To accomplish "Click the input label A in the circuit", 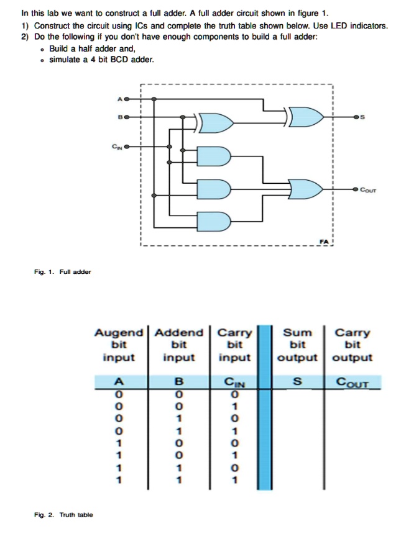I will pyautogui.click(x=119, y=99).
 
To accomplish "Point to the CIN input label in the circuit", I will pyautogui.click(x=116, y=147).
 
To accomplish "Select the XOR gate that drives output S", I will pyautogui.click(x=307, y=116).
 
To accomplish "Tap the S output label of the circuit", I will pyautogui.click(x=364, y=116).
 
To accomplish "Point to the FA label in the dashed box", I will pyautogui.click(x=324, y=240).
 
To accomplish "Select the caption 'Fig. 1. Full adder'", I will pyautogui.click(x=62, y=271).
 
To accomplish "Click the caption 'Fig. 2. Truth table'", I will pyautogui.click(x=63, y=514).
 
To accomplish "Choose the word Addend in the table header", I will pyautogui.click(x=178, y=333).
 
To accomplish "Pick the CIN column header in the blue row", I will pyautogui.click(x=235, y=383).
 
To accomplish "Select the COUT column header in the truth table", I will pyautogui.click(x=352, y=383).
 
